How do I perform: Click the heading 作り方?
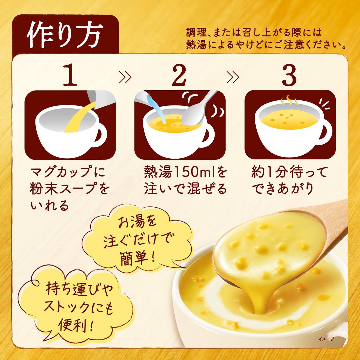[65, 35]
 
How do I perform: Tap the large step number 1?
[70, 75]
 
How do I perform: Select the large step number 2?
[179, 75]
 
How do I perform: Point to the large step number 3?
[289, 75]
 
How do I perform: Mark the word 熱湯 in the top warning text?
[196, 46]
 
